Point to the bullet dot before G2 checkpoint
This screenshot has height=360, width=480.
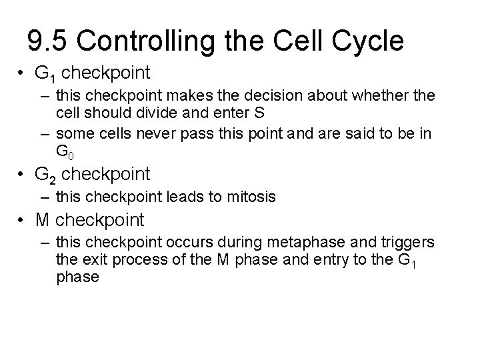[22, 175]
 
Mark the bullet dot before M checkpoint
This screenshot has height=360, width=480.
[22, 219]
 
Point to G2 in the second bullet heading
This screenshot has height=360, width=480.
[44, 175]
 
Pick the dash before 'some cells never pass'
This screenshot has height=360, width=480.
[45, 134]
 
